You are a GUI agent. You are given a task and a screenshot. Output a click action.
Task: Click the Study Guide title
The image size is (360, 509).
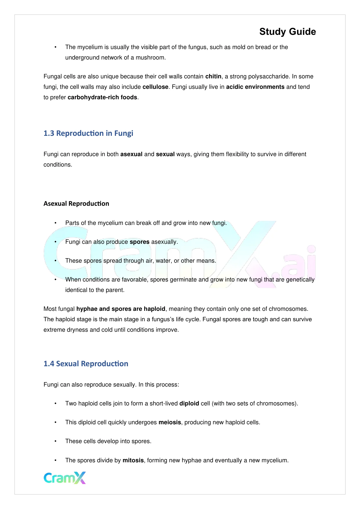click(x=287, y=32)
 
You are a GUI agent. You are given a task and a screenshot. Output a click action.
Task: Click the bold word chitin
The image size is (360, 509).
click(x=213, y=76)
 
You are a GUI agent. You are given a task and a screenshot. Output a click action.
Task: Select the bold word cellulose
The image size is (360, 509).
click(x=155, y=87)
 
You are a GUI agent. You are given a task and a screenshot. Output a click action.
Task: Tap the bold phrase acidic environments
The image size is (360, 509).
click(x=255, y=87)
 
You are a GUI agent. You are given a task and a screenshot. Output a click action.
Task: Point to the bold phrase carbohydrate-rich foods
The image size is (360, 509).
click(x=102, y=97)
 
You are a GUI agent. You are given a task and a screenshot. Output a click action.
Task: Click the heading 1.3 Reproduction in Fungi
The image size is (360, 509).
click(x=88, y=133)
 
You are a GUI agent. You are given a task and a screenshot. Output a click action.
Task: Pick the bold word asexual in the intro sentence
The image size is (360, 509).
click(x=131, y=154)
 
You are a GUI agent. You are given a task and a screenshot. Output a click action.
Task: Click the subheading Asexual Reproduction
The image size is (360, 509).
click(x=76, y=203)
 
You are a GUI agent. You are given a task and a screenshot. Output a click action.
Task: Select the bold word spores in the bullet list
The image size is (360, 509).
click(x=140, y=242)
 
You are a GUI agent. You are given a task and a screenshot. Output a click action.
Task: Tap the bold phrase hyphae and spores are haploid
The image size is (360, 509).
click(x=121, y=309)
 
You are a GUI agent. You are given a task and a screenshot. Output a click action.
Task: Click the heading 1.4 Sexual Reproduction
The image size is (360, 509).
click(x=86, y=364)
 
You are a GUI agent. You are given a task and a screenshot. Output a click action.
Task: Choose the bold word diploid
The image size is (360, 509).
click(x=189, y=403)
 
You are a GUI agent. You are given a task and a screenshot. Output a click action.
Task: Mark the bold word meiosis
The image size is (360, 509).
click(x=170, y=422)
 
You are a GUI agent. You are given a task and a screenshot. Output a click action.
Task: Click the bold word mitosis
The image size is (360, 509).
click(x=133, y=460)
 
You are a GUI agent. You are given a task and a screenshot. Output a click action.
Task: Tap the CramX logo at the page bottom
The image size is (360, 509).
click(x=65, y=478)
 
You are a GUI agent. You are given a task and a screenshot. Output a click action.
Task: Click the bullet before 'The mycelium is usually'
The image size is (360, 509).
click(x=55, y=47)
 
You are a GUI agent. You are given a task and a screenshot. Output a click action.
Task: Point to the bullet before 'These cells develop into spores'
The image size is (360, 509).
click(x=55, y=441)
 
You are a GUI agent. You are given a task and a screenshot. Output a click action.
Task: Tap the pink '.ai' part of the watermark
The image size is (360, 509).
click(x=299, y=266)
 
